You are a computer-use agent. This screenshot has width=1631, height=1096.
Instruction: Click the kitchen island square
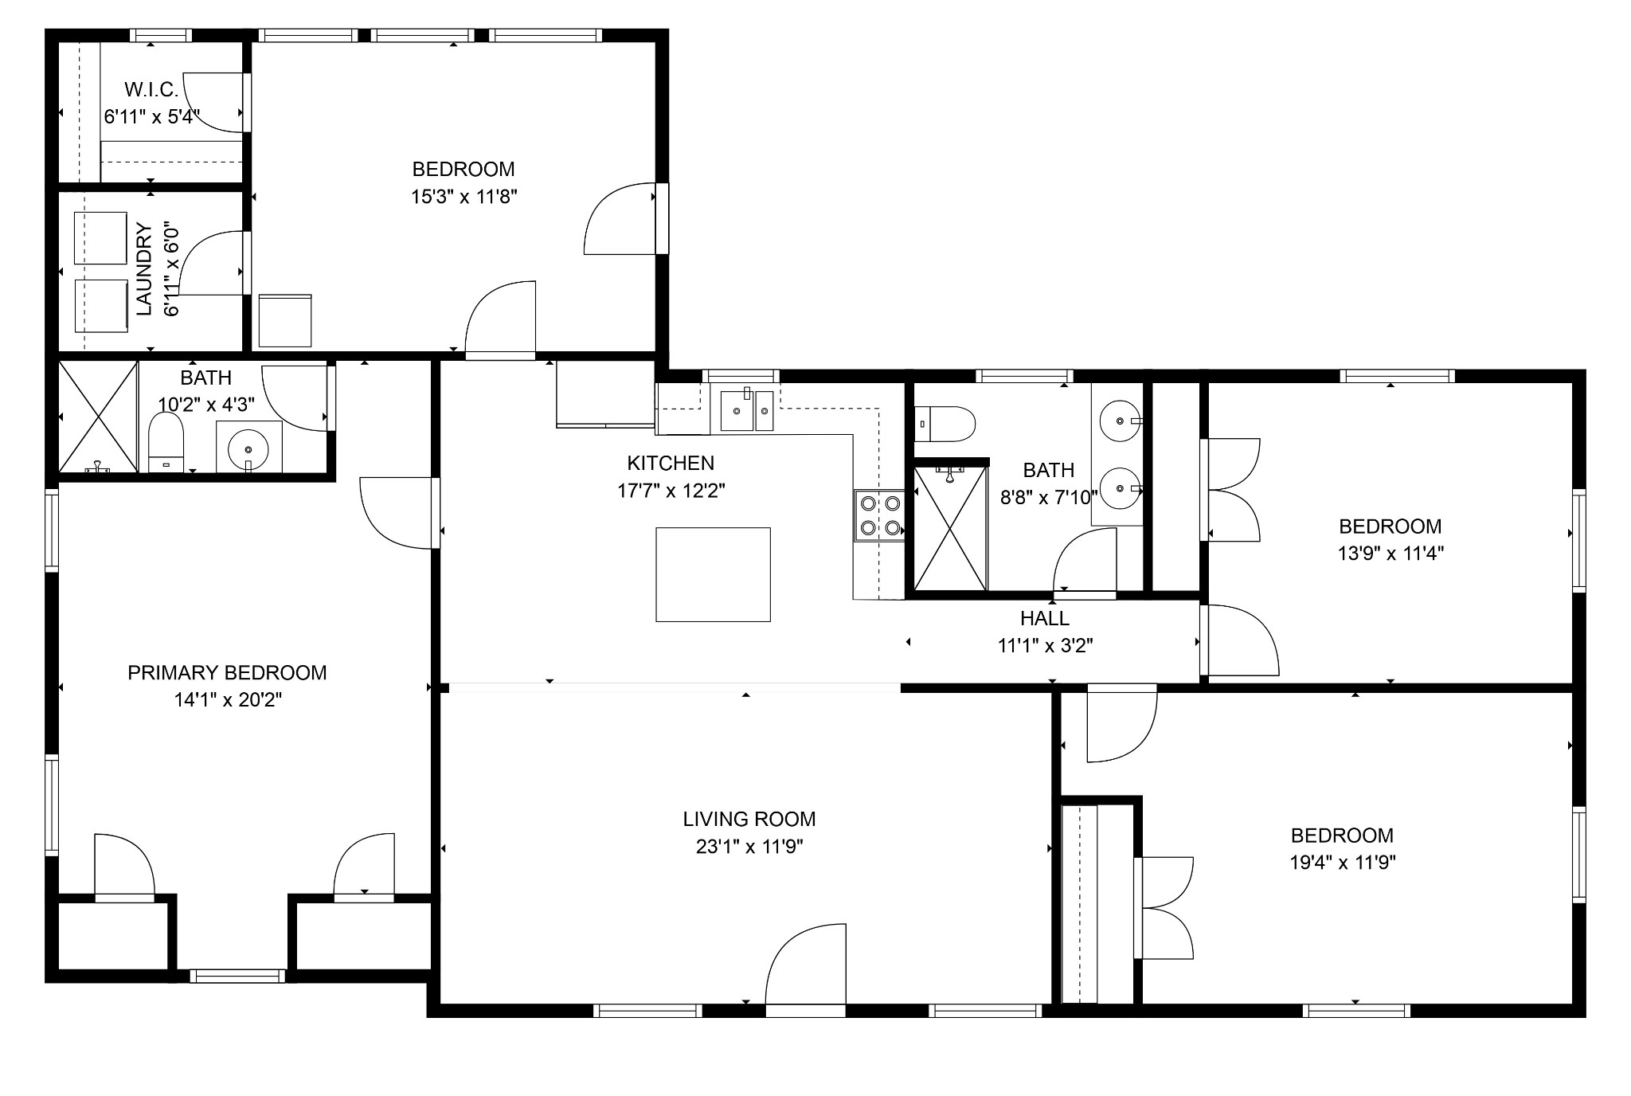(x=713, y=574)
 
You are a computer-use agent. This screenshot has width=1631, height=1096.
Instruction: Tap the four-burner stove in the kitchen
(x=879, y=515)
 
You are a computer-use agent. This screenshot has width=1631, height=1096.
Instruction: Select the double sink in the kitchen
(x=747, y=410)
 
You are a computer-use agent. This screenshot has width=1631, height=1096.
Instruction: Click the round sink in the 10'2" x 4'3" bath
(x=248, y=448)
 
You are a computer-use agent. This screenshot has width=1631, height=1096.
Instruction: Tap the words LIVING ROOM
(x=749, y=819)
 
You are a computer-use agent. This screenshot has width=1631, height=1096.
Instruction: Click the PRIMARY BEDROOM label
(x=227, y=673)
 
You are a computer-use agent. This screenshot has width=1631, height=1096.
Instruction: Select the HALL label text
(x=1045, y=618)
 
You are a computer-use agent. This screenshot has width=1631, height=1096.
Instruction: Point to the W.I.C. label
(x=151, y=90)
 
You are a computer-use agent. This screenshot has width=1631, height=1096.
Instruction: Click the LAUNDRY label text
(x=144, y=270)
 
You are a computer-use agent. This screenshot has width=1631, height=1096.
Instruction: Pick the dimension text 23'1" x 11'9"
(x=749, y=847)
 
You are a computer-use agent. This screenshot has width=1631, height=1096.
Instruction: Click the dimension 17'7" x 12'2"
(x=671, y=491)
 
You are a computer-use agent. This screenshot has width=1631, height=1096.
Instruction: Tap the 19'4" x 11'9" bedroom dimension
(x=1343, y=863)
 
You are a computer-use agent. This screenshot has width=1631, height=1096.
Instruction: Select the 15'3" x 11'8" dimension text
(x=464, y=197)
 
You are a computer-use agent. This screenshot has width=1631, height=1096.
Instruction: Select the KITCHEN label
(x=671, y=463)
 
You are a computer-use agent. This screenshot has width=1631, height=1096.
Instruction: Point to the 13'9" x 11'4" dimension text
(x=1390, y=554)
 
